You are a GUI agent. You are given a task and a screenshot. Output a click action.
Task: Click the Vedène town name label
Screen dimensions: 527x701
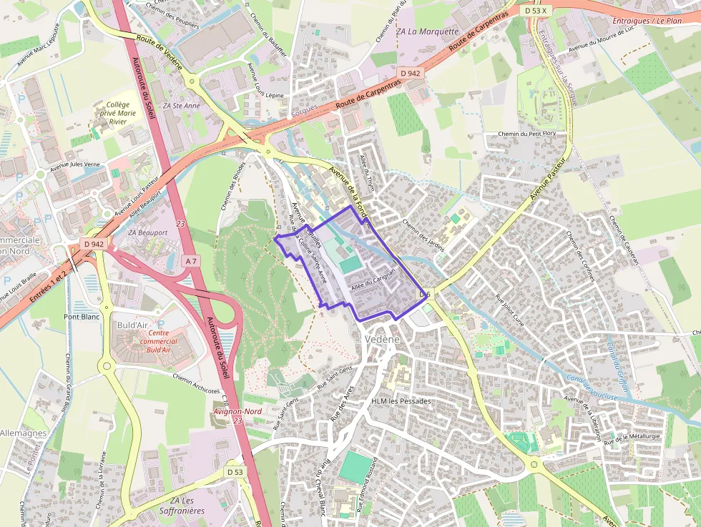coord(381,340)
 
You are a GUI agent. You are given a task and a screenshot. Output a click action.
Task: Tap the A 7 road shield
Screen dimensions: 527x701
coord(191,262)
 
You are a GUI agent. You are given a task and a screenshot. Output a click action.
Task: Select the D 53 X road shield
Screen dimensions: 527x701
coord(534,11)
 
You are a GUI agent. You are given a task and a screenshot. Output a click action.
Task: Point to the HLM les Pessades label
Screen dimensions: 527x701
coord(401,401)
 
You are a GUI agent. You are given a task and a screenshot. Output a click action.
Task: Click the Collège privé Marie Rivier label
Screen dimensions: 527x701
coord(117,113)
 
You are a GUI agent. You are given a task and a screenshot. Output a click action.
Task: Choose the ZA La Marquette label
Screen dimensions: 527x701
coord(427,31)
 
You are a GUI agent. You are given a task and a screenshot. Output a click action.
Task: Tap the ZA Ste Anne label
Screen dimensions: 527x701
coord(181,106)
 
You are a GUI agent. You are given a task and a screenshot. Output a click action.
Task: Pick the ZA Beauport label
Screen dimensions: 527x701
coord(147,233)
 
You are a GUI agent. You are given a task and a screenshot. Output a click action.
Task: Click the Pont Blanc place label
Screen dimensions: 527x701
coord(82,316)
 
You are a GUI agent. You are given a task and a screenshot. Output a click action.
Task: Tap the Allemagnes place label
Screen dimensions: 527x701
coord(23,433)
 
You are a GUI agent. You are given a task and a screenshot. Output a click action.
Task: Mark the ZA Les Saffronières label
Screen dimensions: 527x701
coord(187,506)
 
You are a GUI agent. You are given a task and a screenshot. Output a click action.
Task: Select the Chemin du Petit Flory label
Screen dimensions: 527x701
coord(527,134)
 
